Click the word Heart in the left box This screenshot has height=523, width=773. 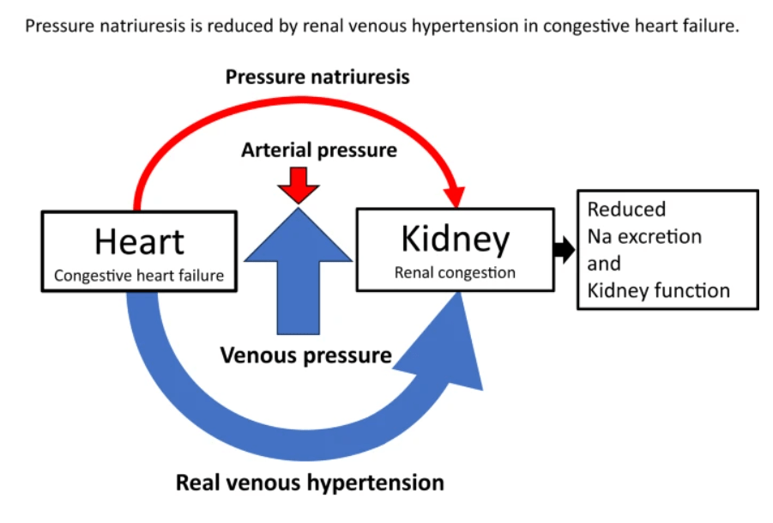click(139, 241)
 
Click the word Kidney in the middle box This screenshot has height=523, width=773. click(455, 240)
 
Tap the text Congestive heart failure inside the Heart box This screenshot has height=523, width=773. click(139, 276)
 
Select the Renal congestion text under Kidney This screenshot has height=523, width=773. click(455, 273)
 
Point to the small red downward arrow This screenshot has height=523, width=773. click(298, 183)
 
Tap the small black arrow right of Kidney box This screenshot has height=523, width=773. click(565, 250)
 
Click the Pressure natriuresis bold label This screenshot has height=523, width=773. click(317, 77)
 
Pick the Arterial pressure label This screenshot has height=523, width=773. click(319, 150)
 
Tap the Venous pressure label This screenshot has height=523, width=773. click(305, 355)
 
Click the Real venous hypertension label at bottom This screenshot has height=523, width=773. click(310, 482)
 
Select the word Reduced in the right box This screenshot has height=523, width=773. click(626, 209)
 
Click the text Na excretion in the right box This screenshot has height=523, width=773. click(644, 236)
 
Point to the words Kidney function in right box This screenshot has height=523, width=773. click(658, 290)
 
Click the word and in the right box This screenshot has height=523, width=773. click(603, 264)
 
